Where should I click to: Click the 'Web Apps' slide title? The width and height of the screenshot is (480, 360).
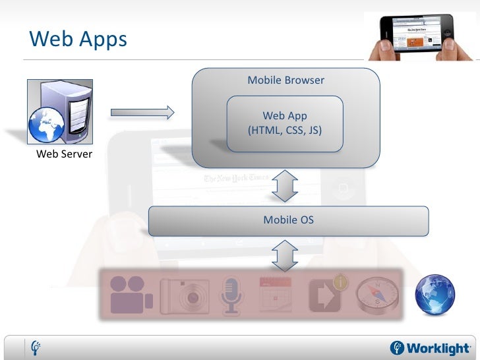[78, 40]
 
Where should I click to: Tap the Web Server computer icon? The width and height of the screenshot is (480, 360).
[59, 111]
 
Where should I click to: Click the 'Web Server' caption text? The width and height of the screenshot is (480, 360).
[64, 154]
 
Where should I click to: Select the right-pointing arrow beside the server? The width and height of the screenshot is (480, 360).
[142, 113]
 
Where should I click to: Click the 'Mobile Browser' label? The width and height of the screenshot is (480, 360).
[285, 80]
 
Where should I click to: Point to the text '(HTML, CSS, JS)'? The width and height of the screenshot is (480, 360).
[285, 130]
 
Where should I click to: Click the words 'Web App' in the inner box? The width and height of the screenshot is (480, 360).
[285, 116]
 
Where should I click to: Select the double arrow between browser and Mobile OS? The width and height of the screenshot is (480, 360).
[285, 185]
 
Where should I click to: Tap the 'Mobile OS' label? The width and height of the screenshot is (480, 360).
[288, 220]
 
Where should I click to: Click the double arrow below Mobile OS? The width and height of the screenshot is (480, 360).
[285, 255]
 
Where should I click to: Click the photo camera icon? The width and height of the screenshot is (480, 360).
[185, 295]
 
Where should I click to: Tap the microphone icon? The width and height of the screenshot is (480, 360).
[231, 295]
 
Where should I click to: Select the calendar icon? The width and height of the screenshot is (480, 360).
[276, 294]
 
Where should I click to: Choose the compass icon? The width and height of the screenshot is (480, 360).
[377, 294]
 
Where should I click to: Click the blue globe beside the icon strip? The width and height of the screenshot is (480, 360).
[435, 293]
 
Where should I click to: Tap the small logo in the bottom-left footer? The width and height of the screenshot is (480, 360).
[36, 347]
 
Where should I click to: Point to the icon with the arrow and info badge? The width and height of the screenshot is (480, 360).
[326, 295]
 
